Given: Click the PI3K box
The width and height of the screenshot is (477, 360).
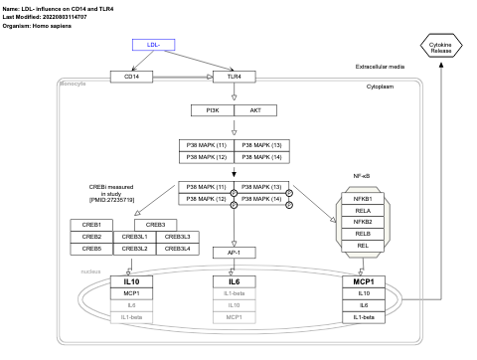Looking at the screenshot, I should [x=212, y=110].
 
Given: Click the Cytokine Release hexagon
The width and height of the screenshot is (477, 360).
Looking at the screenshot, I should [x=439, y=47].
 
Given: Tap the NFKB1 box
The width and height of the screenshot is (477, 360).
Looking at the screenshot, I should [x=362, y=199].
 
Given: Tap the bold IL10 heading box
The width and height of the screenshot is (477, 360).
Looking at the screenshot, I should [x=130, y=255].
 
